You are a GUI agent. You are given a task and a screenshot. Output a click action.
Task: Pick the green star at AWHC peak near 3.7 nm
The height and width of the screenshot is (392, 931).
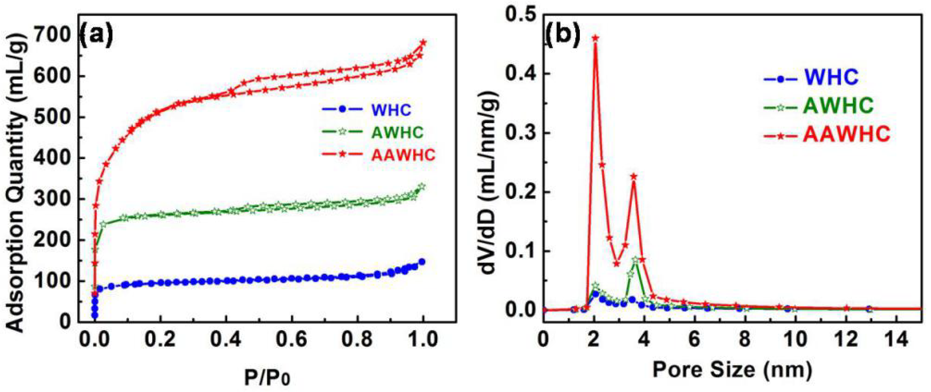tap(636, 260)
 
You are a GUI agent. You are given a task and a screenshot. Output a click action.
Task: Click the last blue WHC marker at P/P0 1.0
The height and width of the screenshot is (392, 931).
tap(421, 262)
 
